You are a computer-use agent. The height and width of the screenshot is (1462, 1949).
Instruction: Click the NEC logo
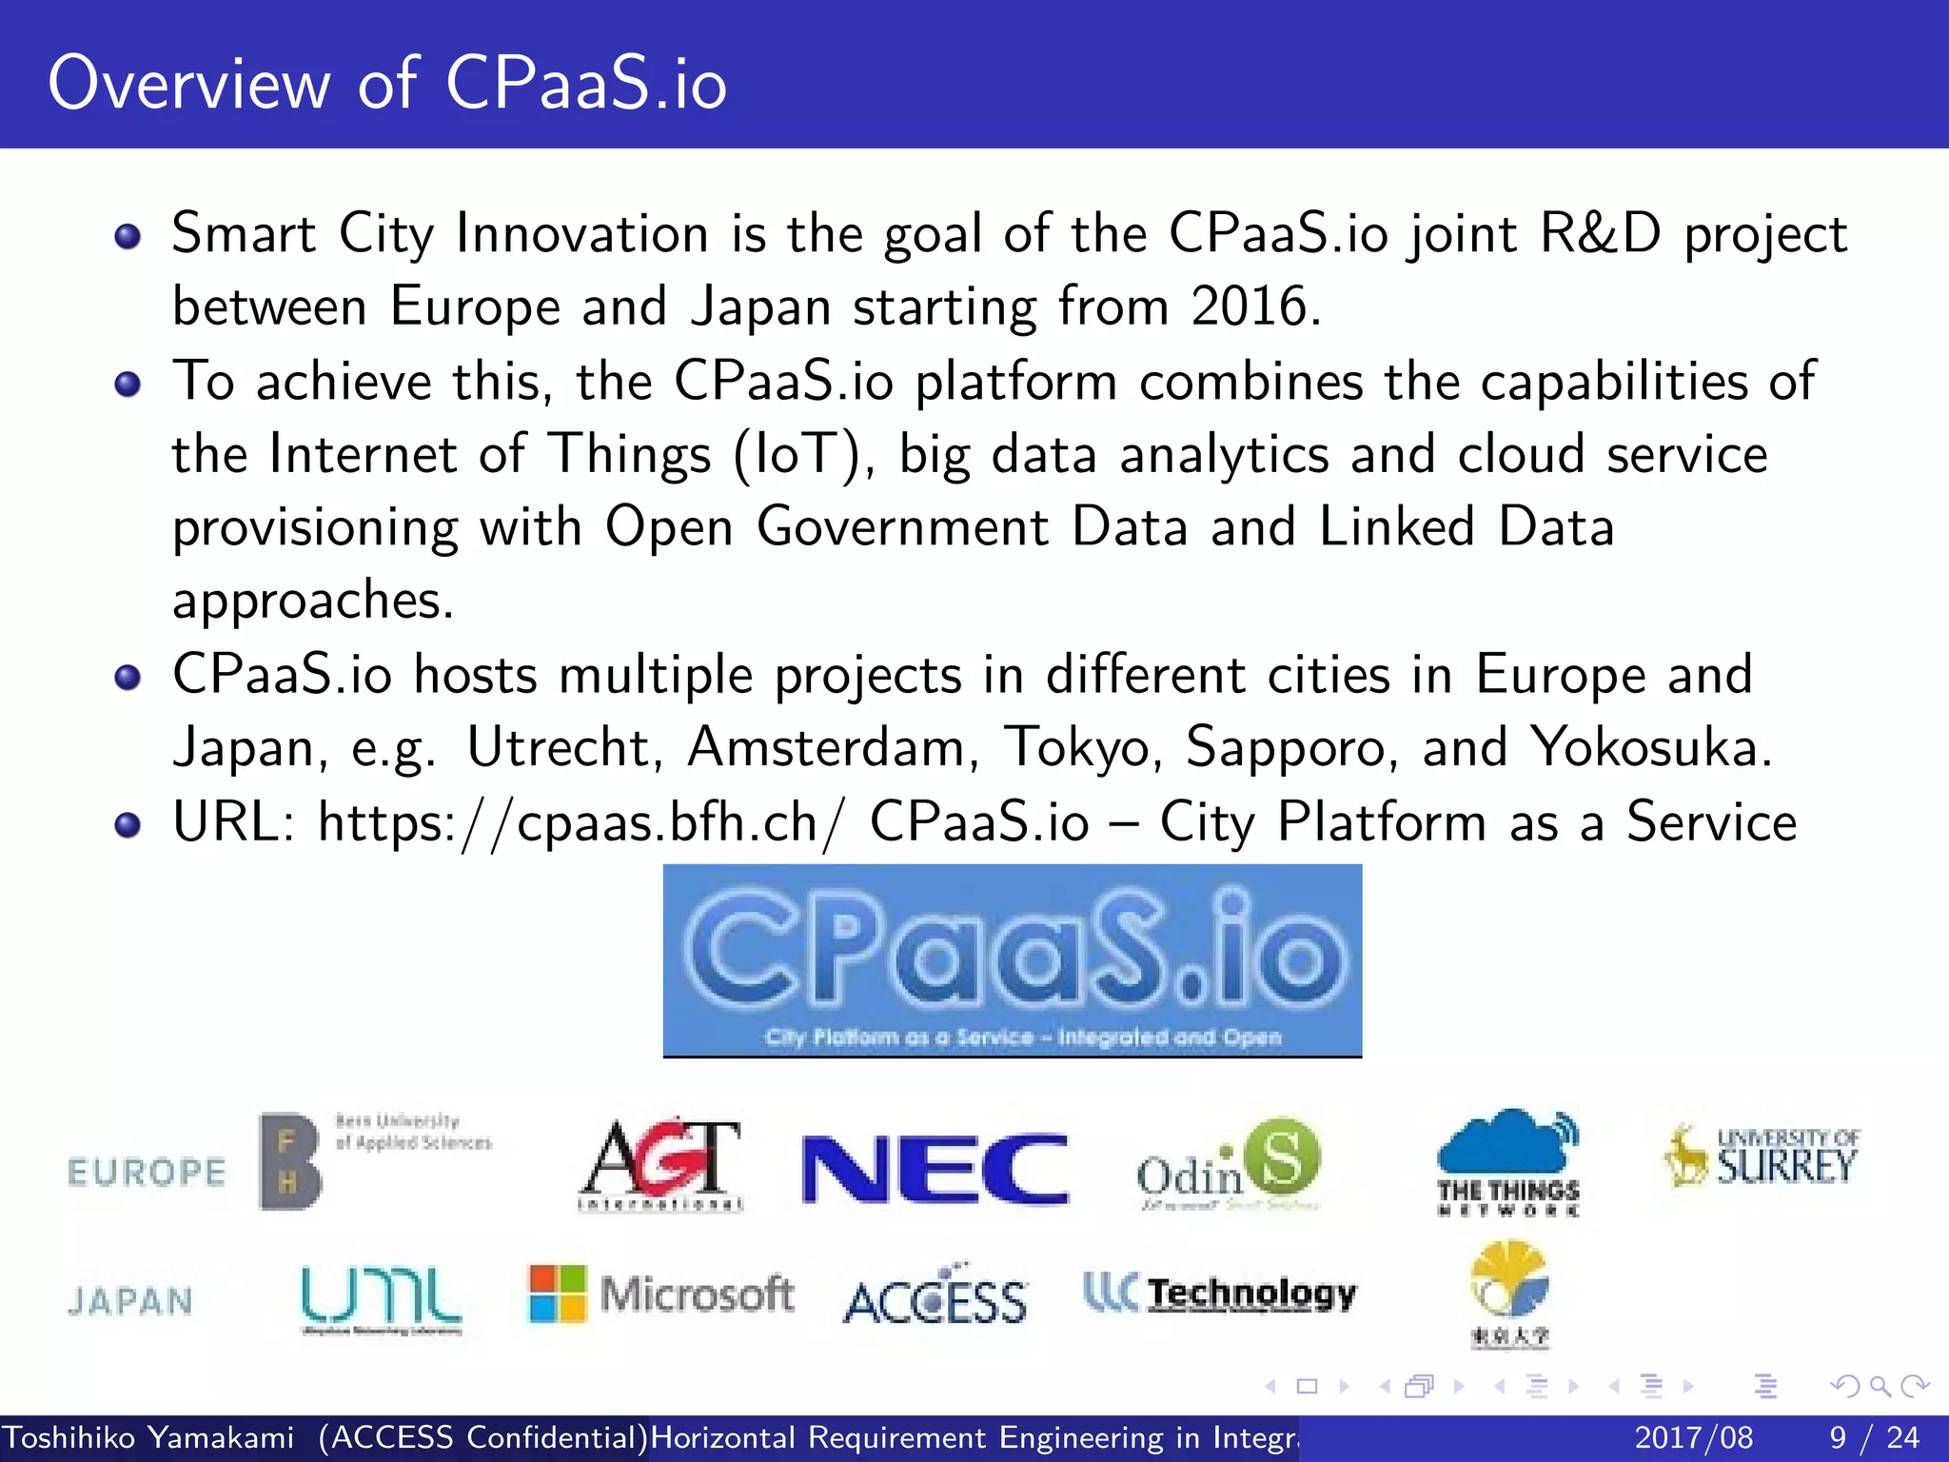(x=935, y=1169)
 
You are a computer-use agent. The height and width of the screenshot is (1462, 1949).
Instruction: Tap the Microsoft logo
(x=661, y=1294)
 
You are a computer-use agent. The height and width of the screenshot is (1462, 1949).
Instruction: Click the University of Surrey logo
(x=1762, y=1156)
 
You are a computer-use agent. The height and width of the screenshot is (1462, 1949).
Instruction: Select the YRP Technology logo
(x=1220, y=1294)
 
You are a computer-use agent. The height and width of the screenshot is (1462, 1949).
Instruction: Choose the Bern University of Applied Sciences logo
(x=375, y=1160)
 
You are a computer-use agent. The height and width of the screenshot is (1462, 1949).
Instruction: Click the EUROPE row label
(x=147, y=1172)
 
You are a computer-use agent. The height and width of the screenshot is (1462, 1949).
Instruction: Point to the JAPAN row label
(x=130, y=1301)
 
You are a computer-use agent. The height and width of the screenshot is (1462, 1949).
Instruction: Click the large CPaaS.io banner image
(x=1012, y=960)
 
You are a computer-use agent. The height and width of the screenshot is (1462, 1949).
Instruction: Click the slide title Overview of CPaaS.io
(x=387, y=83)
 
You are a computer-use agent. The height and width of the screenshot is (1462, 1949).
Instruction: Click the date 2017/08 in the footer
(x=1693, y=1437)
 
